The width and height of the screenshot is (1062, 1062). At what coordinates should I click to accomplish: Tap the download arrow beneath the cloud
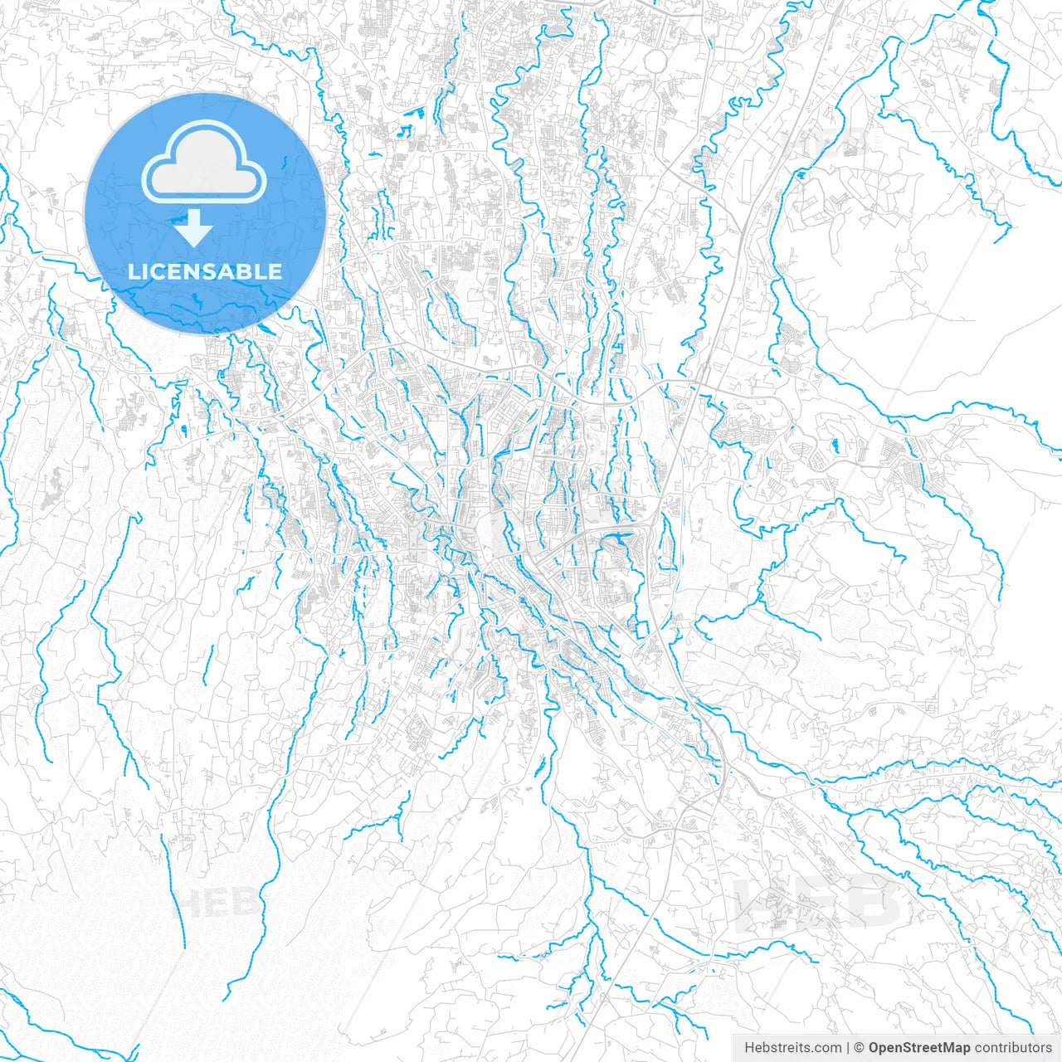[x=193, y=229]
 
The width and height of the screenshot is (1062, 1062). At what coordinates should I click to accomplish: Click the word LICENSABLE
[x=205, y=271]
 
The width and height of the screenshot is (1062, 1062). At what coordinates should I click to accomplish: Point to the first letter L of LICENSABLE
[x=133, y=271]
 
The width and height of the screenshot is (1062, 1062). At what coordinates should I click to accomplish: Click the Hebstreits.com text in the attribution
[x=792, y=1048]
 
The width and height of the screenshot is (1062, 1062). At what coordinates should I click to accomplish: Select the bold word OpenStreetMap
[x=918, y=1048]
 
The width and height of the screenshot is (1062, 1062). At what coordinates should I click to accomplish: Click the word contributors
[x=1012, y=1048]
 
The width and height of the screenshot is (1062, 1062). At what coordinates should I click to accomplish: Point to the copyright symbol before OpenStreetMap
[x=860, y=1048]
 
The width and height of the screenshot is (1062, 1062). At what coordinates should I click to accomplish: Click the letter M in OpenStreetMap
[x=944, y=1048]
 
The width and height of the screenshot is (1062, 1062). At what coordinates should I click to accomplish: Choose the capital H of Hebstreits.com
[x=749, y=1048]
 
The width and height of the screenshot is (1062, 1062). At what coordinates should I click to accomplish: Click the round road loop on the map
[x=656, y=61]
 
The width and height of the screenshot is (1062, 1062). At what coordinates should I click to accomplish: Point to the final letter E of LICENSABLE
[x=275, y=271]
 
